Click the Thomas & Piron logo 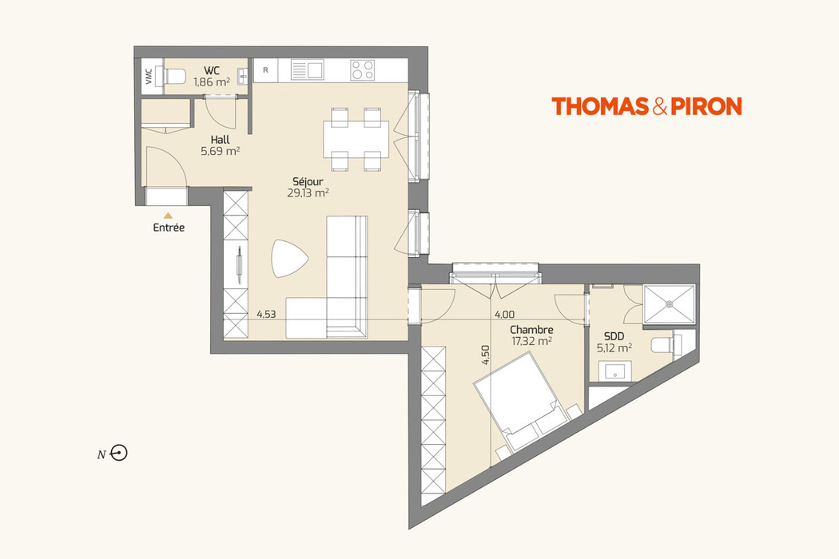coord(646,106)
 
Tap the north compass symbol coord(120,454)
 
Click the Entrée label coord(169,228)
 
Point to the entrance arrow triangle coord(168,215)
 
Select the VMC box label coord(149,77)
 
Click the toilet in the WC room coord(173,77)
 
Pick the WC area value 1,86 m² coord(212,81)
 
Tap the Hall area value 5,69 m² coord(221,150)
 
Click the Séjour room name coord(308,181)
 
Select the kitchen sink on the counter coord(307,70)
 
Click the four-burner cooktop coord(363,70)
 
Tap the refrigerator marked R coord(265,70)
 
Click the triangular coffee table coord(288,258)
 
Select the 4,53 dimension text coord(266,315)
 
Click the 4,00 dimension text coord(504,315)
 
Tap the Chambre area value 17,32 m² coord(532,340)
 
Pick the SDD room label coord(614,336)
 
